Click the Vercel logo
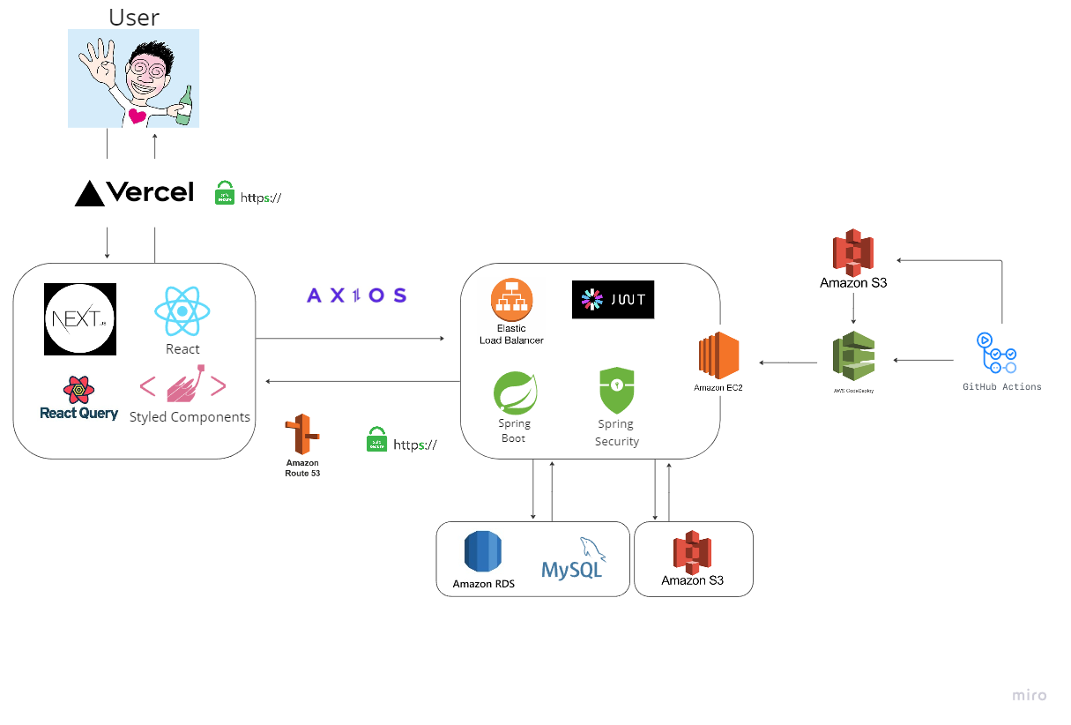134,193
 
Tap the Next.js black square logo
80,319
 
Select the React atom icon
182,311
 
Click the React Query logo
78,398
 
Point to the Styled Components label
190,417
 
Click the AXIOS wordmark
356,295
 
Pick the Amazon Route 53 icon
301,434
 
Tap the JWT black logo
613,300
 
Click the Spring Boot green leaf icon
515,393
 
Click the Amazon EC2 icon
718,355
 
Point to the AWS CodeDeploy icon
853,356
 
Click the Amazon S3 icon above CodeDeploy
852,252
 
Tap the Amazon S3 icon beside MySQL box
693,552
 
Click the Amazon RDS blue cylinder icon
483,553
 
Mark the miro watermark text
1029,695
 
